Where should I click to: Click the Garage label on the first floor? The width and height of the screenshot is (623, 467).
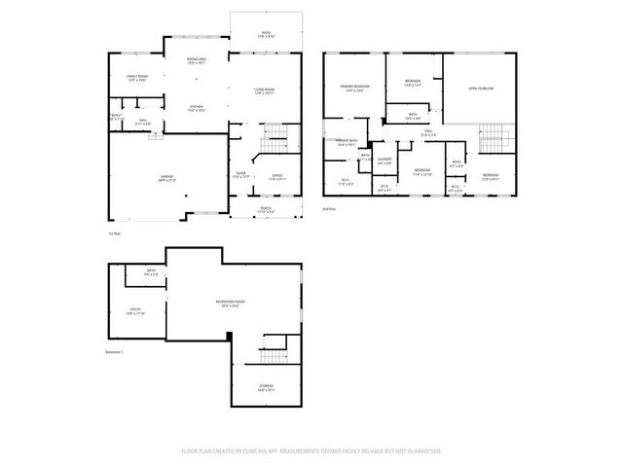point(166,178)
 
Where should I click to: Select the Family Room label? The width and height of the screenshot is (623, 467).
point(136,78)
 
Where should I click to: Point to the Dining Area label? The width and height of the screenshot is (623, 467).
point(196,61)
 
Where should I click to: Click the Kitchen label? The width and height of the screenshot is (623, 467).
point(196,108)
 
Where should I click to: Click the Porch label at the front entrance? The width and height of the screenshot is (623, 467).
point(265,209)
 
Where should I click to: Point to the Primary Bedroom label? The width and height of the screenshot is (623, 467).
point(353,89)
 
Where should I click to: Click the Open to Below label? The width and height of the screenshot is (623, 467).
point(479,89)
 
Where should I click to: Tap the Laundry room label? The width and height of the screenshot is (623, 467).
point(385,161)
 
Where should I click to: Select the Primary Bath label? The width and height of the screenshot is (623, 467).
point(348,143)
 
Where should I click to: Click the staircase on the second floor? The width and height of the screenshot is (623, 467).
point(496,138)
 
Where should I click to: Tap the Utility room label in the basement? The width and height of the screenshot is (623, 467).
point(135,311)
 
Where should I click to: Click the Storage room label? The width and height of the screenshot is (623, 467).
point(266,388)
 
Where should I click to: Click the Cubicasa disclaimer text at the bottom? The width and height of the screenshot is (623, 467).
point(311,450)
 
